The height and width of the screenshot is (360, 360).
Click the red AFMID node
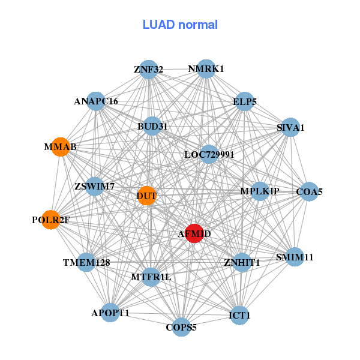194,233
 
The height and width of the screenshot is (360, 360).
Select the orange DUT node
147,196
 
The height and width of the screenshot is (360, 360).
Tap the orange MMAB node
60,146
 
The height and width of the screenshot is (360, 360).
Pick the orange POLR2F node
51,220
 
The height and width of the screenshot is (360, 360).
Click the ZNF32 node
148,70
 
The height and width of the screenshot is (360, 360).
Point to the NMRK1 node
206,69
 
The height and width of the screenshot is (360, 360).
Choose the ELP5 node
244,102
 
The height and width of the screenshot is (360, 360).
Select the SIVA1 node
290,127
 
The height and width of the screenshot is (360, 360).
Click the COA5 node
309,192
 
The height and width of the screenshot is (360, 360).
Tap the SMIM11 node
295,257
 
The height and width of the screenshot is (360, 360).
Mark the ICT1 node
239,315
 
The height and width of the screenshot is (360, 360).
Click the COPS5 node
181,327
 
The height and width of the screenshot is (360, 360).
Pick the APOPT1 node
110,313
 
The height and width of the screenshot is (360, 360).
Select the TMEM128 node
86,262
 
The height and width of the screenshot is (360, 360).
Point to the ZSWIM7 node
95,186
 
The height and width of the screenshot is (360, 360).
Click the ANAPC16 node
96,101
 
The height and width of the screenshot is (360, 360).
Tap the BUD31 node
152,127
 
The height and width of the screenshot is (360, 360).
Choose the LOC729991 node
209,155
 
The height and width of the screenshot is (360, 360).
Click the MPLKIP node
260,191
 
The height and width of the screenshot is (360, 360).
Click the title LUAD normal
180,25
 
